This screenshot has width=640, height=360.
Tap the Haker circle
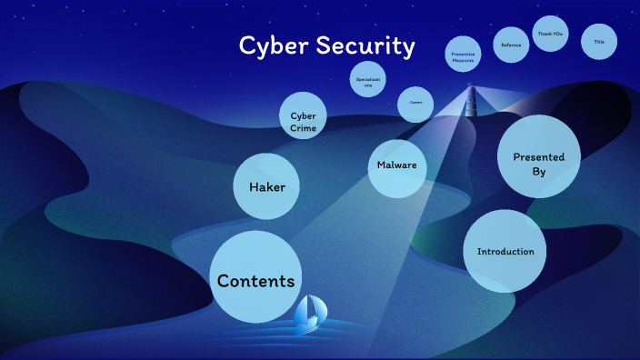266,186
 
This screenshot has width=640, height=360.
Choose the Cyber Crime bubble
303,122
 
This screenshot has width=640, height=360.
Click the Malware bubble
396,166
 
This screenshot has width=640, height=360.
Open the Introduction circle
505,252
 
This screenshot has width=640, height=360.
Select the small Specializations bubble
368,81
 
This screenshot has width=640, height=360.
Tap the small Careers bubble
415,103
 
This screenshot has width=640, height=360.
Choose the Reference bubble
511,45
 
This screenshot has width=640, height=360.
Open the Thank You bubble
550,34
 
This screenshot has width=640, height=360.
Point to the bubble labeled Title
599,42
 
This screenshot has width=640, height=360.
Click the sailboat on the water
312,312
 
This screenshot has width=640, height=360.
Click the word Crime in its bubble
303,128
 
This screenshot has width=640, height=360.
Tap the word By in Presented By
538,169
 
